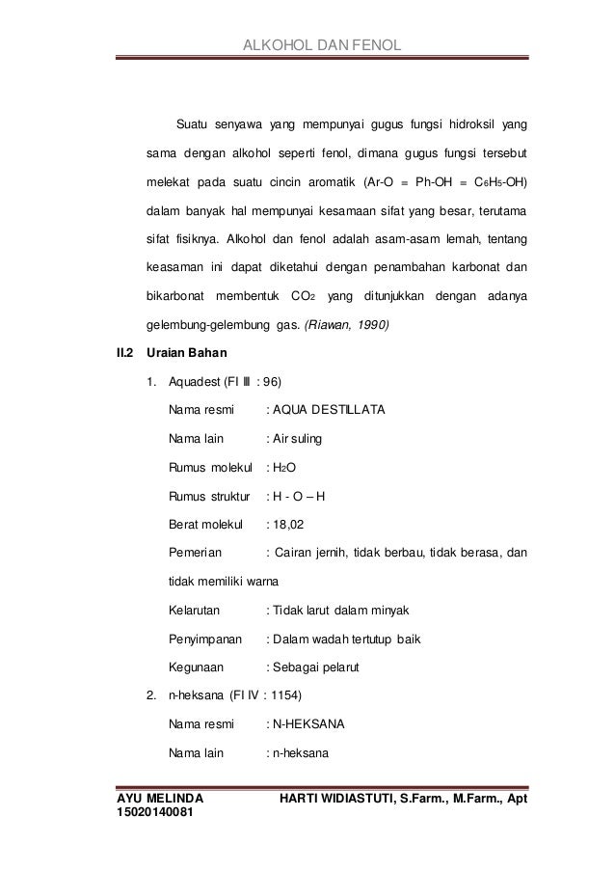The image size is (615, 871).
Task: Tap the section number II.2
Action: click(125, 352)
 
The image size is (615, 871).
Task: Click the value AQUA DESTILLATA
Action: click(329, 410)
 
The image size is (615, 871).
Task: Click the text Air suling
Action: click(300, 439)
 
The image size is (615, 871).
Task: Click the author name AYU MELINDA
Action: click(159, 800)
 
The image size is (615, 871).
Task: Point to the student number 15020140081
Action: click(161, 815)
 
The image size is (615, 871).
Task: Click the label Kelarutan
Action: click(194, 612)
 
